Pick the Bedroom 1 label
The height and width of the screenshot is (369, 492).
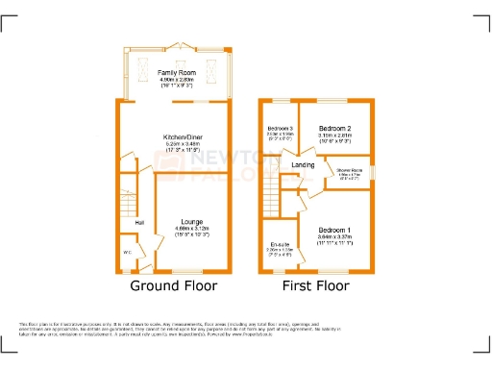click(x=335, y=230)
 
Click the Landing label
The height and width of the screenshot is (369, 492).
click(x=303, y=164)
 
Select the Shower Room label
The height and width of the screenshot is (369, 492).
click(x=349, y=170)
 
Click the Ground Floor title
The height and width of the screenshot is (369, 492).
click(x=173, y=285)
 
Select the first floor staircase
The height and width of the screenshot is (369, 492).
click(x=270, y=203)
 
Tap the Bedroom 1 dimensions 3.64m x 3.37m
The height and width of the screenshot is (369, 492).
click(x=335, y=236)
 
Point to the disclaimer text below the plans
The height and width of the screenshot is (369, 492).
click(x=245, y=330)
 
